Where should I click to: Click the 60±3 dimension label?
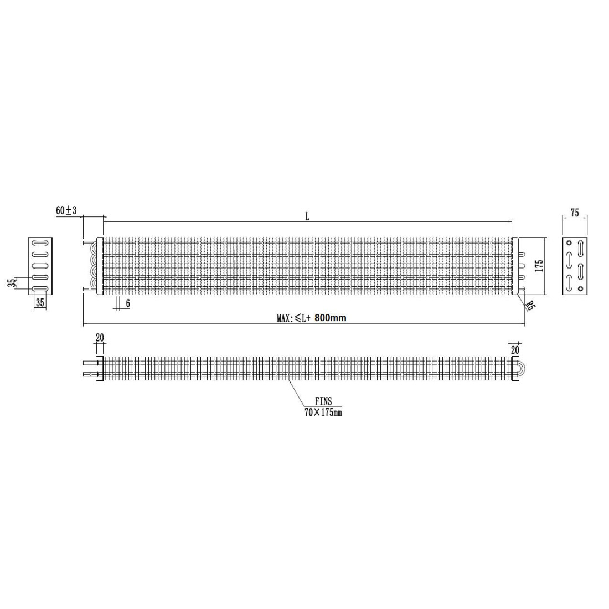click(x=66, y=210)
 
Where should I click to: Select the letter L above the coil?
click(x=307, y=216)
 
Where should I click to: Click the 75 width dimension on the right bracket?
click(x=574, y=213)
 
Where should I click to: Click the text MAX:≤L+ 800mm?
click(x=312, y=318)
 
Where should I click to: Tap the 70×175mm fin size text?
click(x=323, y=412)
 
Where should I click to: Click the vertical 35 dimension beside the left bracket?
click(x=12, y=283)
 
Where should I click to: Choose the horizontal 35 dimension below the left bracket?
click(x=40, y=302)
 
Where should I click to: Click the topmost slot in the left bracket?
click(x=40, y=242)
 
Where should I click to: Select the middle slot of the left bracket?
click(x=40, y=266)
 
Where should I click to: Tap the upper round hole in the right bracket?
click(x=569, y=243)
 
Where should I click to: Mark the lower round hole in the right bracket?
click(x=580, y=288)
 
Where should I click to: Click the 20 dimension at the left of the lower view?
click(x=100, y=338)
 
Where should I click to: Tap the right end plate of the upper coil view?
click(x=515, y=266)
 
